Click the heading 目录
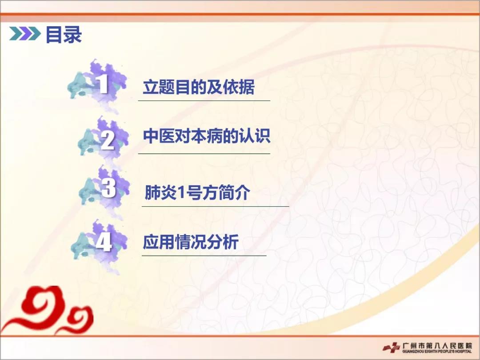pos(64,34)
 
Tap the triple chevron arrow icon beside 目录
pos(25,34)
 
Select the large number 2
pos(108,140)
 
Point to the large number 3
pos(109,188)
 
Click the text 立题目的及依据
pos(199,87)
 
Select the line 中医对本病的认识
pos(207,136)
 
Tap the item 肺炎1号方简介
pos(197,192)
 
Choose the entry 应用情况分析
pos(191,242)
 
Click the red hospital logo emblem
pos(392,348)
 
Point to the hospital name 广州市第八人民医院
pos(438,345)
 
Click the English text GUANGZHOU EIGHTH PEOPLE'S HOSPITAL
pos(437,351)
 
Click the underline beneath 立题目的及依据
pos(204,100)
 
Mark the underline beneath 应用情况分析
pos(204,255)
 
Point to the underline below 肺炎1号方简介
pos(216,206)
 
